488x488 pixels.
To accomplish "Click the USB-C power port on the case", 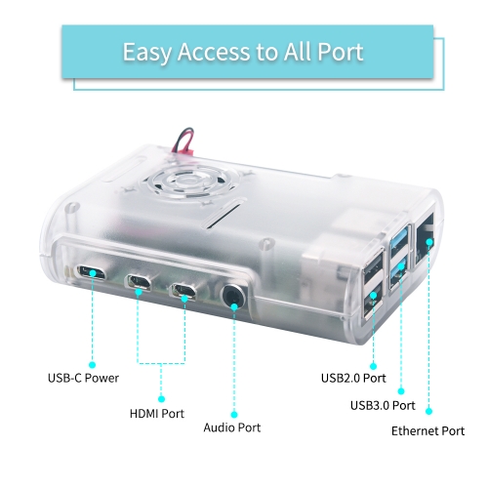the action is tap(91, 272).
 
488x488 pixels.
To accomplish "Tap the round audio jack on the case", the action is tap(233, 297).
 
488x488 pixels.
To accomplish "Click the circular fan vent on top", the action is tap(190, 184).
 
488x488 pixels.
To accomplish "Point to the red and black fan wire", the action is tap(183, 140).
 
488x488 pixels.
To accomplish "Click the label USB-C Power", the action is tap(83, 378).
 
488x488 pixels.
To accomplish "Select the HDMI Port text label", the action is tap(157, 414).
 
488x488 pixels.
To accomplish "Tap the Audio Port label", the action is tap(232, 427).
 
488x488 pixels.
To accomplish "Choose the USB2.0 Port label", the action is tap(353, 378).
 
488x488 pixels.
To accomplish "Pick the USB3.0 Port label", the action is tap(383, 405).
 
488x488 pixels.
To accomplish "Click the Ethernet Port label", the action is tap(427, 431).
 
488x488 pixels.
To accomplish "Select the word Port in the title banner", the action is tap(341, 52).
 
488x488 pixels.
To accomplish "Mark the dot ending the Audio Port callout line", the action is tap(234, 415).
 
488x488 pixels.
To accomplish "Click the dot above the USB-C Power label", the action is tap(93, 365).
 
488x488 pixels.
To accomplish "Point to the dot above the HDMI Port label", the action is tap(161, 399).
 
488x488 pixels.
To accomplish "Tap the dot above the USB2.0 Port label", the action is tap(373, 366).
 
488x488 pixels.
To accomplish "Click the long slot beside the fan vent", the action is tap(224, 214).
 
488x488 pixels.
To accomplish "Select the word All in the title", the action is tap(297, 52).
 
